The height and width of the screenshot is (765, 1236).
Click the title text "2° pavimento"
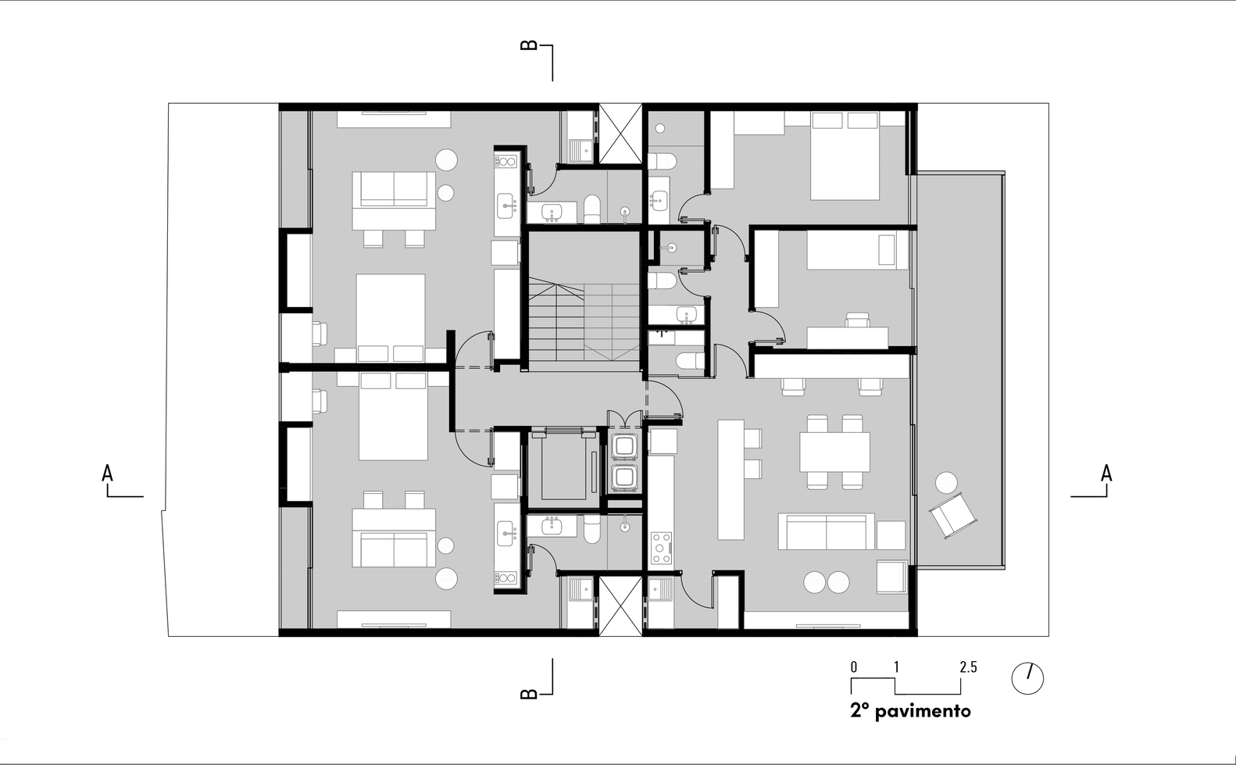click(910, 711)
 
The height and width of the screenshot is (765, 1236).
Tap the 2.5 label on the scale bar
click(968, 667)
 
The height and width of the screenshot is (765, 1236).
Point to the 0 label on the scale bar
click(854, 667)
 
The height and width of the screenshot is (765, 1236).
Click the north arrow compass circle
click(1027, 678)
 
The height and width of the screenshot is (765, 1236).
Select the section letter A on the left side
click(107, 474)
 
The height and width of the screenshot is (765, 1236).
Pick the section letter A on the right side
click(1106, 474)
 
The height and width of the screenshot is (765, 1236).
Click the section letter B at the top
click(529, 45)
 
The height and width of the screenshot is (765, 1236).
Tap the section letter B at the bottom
click(529, 694)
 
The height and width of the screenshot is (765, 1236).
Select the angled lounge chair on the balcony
click(953, 515)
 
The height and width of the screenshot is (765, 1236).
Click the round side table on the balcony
click(946, 483)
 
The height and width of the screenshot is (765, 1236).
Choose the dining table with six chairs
click(834, 452)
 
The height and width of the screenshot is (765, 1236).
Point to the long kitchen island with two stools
click(731, 480)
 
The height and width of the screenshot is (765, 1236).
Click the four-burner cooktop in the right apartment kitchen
click(662, 548)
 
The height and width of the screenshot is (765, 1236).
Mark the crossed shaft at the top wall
click(620, 134)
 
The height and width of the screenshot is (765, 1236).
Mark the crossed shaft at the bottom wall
click(620, 606)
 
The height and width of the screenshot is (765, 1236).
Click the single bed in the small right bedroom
click(858, 250)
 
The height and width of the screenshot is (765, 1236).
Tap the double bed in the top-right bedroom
click(845, 156)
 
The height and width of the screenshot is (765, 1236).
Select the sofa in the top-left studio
click(394, 190)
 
